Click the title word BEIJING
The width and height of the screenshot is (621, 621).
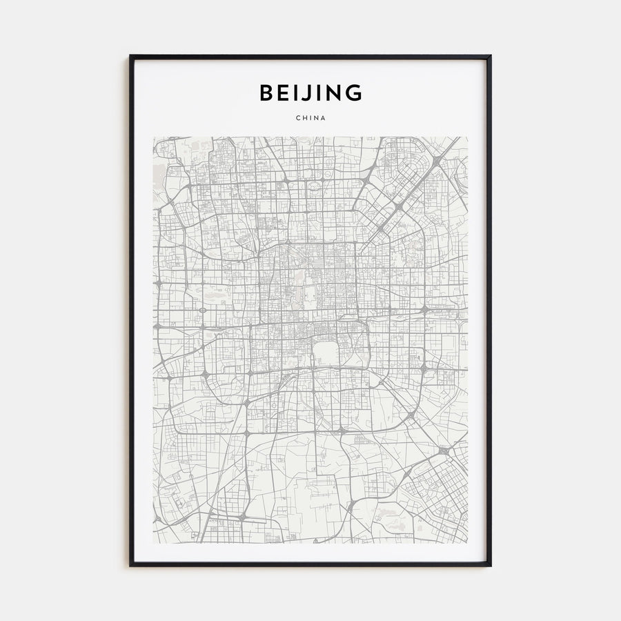[x=310, y=92]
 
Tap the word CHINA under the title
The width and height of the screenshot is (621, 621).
[x=310, y=118]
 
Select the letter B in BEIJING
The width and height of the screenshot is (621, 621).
[x=266, y=92]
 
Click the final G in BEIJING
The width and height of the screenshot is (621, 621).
[x=353, y=92]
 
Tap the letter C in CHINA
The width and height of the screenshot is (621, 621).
[x=297, y=118]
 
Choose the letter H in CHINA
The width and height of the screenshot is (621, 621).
[x=304, y=118]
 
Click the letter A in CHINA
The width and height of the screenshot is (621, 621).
[x=324, y=118]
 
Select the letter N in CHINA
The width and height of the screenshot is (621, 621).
[x=317, y=118]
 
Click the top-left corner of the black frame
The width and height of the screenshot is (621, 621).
[x=130, y=56]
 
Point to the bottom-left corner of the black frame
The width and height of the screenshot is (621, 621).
[x=130, y=565]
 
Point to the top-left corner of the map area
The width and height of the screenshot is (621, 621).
[x=154, y=137]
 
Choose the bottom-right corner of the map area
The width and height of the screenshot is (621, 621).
[x=467, y=543]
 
